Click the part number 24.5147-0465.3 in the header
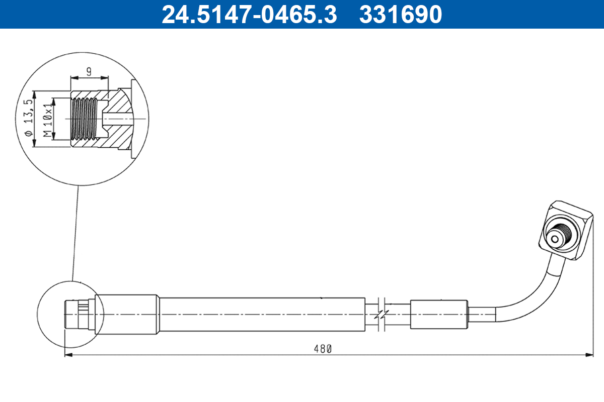pos(249,15)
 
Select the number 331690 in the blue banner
pos(400,15)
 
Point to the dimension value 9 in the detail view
pos(89,71)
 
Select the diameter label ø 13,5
pos(29,119)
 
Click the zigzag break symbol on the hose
pos(382,315)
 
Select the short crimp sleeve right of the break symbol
pos(439,315)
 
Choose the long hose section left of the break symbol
pos(262,315)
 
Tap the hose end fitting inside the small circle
pos(75,315)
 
